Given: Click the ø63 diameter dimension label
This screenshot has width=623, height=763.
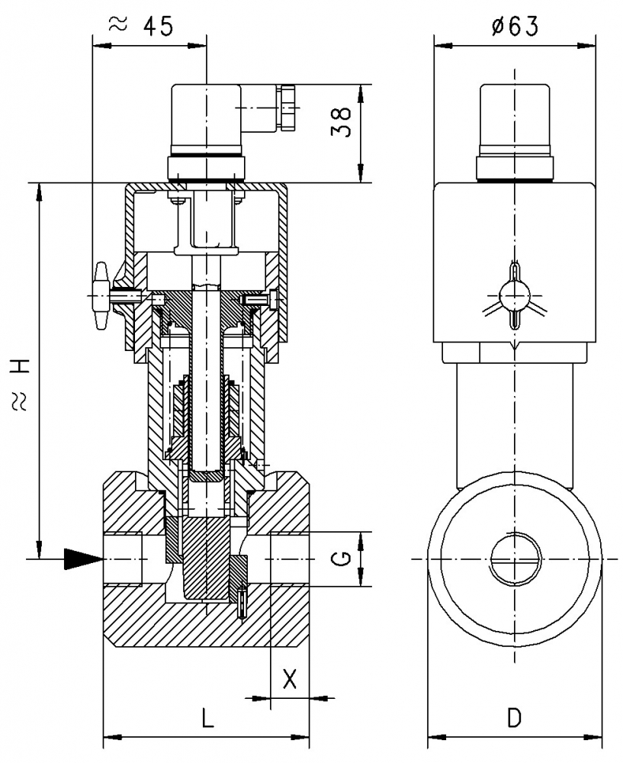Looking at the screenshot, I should [x=515, y=27].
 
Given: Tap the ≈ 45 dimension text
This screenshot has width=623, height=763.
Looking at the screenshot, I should [x=143, y=24].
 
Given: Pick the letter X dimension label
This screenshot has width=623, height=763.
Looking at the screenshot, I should [x=290, y=678].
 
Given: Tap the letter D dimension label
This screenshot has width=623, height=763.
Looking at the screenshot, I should [x=515, y=717].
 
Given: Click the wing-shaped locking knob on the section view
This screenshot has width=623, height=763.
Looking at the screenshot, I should [x=101, y=296].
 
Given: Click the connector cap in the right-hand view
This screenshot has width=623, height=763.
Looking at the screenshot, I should [x=515, y=118].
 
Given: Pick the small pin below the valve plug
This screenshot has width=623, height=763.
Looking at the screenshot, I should [x=242, y=603].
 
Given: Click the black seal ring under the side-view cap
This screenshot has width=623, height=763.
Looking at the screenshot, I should [x=515, y=181].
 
